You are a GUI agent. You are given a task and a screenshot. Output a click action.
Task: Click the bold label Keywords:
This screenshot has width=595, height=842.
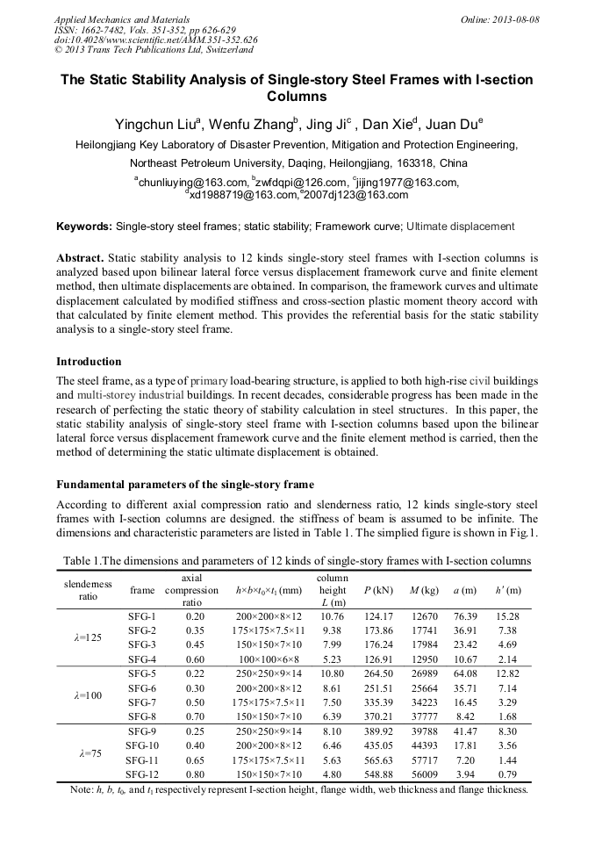tap(84, 227)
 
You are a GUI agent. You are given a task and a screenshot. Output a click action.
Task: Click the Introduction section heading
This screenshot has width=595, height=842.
tap(89, 361)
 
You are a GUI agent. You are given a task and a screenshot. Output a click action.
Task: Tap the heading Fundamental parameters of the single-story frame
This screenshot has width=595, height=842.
tap(185, 485)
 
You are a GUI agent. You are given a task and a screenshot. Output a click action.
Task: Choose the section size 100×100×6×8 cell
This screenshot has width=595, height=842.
tap(269, 659)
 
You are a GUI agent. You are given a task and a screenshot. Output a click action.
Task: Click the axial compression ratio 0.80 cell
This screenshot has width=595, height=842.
tap(195, 774)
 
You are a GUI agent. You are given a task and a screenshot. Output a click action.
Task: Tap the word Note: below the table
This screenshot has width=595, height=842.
tap(82, 789)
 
